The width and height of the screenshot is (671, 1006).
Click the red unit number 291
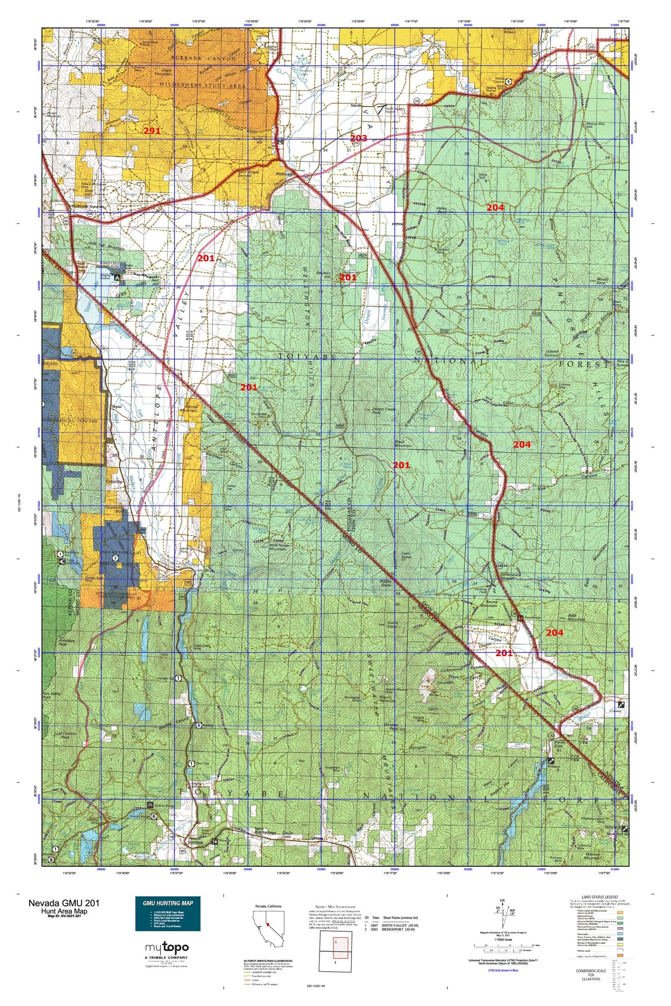coord(152,131)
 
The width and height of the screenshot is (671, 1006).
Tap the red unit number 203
coord(358,138)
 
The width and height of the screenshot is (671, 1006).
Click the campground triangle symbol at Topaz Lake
coord(117,277)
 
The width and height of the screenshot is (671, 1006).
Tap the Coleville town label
coord(114,482)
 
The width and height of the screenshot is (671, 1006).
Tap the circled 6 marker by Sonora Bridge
coord(153,816)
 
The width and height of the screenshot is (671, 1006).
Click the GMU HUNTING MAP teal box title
coord(168,903)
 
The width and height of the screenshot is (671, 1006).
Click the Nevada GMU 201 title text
coord(63,903)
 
